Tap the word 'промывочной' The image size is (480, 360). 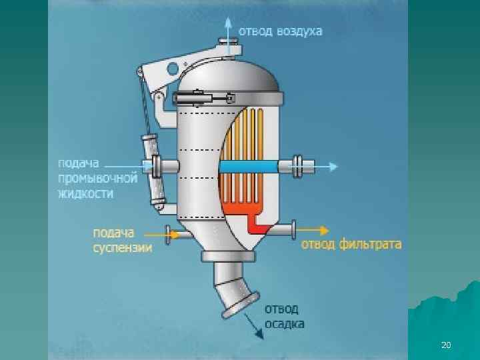pos(97,178)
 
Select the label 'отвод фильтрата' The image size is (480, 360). pos(353,244)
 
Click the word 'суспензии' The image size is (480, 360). pos(122,248)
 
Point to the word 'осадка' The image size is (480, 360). pos(285,324)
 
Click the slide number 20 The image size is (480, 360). pos(446,345)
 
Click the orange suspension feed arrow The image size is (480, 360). pos(157,233)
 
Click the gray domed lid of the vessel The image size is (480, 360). pos(231,74)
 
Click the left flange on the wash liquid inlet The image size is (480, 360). pos(157,165)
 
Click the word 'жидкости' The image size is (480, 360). pos(85,193)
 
